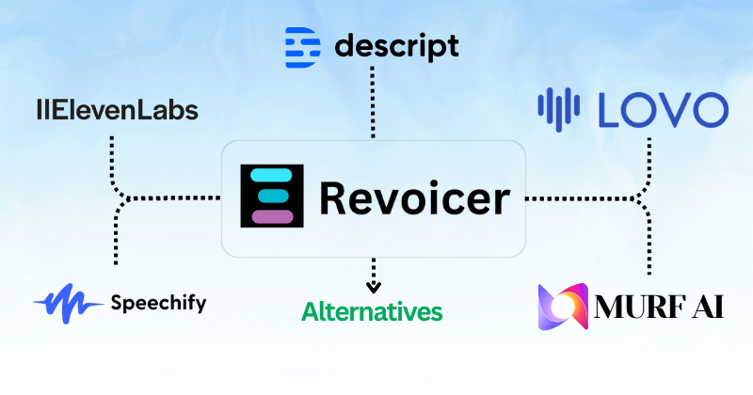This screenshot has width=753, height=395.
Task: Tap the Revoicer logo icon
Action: point(273,197)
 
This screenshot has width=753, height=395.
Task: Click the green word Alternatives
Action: point(372,309)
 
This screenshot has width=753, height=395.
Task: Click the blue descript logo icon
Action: point(302,45)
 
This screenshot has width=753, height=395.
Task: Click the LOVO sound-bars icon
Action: point(561,110)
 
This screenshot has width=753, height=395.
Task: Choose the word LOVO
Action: point(662,110)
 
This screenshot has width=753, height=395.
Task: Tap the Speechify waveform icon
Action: point(68,303)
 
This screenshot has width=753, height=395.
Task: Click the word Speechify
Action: point(158,303)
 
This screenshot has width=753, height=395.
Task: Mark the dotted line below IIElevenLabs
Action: point(113,155)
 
